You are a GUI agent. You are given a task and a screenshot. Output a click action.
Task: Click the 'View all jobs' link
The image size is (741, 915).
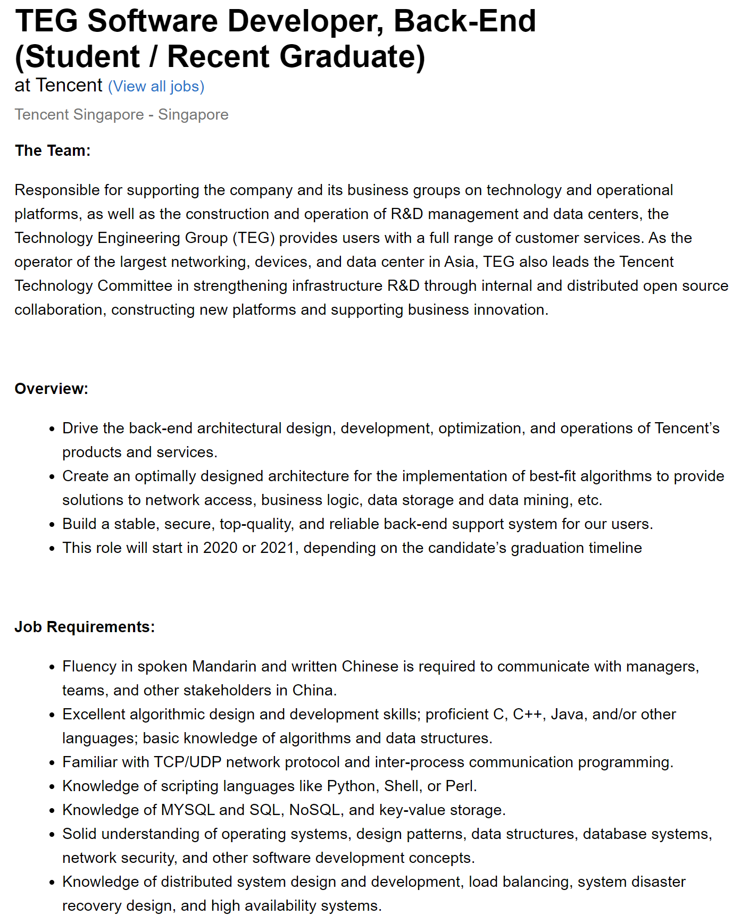click(x=156, y=86)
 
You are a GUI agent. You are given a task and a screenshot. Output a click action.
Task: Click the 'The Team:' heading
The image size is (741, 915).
click(x=53, y=150)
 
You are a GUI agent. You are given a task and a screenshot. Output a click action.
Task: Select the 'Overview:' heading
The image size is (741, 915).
click(x=51, y=389)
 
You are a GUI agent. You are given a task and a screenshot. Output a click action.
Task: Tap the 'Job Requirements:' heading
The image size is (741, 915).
click(x=85, y=627)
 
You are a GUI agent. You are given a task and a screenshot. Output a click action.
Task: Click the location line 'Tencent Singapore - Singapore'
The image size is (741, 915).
click(x=121, y=114)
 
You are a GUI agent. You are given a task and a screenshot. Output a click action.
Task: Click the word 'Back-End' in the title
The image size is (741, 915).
click(x=464, y=21)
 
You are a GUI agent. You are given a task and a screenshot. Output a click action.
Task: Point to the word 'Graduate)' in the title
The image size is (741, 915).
click(x=352, y=57)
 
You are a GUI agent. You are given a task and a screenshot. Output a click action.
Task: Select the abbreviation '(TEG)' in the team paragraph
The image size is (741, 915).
click(x=253, y=238)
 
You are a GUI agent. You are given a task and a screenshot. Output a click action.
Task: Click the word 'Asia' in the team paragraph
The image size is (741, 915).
click(x=460, y=262)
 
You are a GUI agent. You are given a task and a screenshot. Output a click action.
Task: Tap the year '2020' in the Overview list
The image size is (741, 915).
click(x=220, y=548)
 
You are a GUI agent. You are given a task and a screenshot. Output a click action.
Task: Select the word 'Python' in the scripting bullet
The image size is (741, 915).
click(x=351, y=786)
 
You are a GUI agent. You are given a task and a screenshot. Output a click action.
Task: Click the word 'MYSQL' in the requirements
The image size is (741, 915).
click(x=188, y=810)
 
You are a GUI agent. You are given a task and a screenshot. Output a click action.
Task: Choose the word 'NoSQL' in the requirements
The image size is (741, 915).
click(x=315, y=810)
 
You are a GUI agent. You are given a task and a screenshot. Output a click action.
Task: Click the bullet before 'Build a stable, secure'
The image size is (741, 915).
click(x=52, y=525)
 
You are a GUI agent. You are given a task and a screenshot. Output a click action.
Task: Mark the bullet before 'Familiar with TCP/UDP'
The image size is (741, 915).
click(x=52, y=763)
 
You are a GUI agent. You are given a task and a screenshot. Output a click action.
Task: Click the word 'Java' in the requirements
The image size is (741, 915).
click(x=568, y=714)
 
